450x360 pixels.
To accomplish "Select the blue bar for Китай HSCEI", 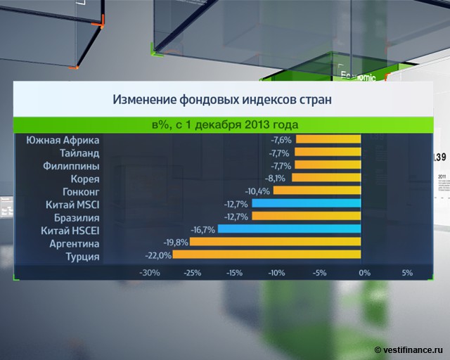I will point(290,229).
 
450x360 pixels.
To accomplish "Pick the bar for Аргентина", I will point(276,243).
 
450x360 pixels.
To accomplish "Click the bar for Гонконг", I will point(317,191).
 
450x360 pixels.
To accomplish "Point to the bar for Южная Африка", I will point(328,140).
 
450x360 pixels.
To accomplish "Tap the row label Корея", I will point(84,178).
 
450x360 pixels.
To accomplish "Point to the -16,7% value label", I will point(203,229).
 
